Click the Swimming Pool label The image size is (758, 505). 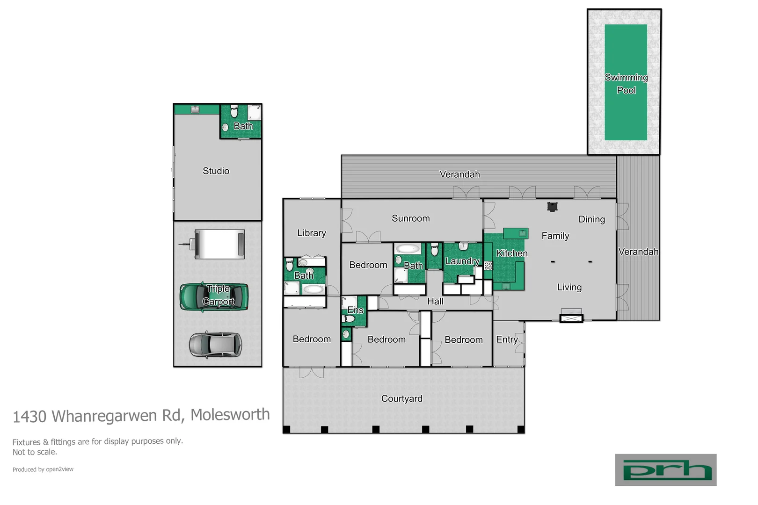[x=626, y=84]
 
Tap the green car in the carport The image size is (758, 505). [x=214, y=296]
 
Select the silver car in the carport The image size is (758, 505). [x=216, y=345]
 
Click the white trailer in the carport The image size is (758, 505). [x=219, y=244]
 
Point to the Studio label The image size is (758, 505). [x=216, y=171]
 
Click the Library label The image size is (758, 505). [x=311, y=233]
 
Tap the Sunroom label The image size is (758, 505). [x=410, y=218]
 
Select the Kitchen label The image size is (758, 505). [x=511, y=253]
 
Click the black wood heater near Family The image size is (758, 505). [x=552, y=207]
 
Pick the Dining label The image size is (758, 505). [x=591, y=219]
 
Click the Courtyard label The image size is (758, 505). [x=401, y=398]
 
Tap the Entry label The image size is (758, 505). [x=507, y=339]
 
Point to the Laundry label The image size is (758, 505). [x=462, y=261]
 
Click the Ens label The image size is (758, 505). [x=355, y=310]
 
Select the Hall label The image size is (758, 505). [x=435, y=302]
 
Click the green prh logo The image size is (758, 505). [x=665, y=470]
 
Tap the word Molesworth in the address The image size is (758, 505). [x=230, y=415]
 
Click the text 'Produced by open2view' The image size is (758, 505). [x=43, y=469]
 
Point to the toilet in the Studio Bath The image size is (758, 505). [x=234, y=111]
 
